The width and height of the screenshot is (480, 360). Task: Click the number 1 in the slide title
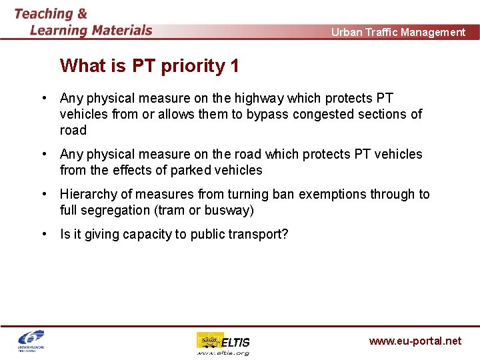coord(234,66)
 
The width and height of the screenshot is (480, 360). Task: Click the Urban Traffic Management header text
coord(398,32)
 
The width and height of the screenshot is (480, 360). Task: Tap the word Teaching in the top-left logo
coord(43,13)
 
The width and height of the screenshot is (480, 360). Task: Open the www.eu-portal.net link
coord(415,341)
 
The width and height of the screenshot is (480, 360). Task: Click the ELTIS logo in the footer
coord(223,343)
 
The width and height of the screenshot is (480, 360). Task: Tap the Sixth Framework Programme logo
coord(30,341)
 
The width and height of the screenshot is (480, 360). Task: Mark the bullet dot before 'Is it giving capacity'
coord(43,234)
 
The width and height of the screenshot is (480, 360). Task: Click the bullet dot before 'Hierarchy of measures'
coord(43,194)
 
